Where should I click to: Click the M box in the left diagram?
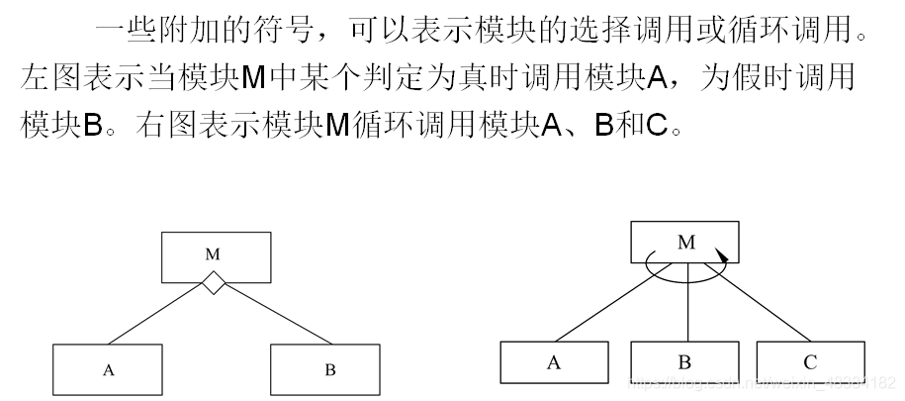tap(214, 255)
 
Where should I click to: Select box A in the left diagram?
tap(109, 370)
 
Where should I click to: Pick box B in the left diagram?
tap(328, 370)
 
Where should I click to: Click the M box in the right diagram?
tap(685, 242)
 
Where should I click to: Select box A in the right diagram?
tap(554, 362)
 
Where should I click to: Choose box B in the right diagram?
tap(684, 362)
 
